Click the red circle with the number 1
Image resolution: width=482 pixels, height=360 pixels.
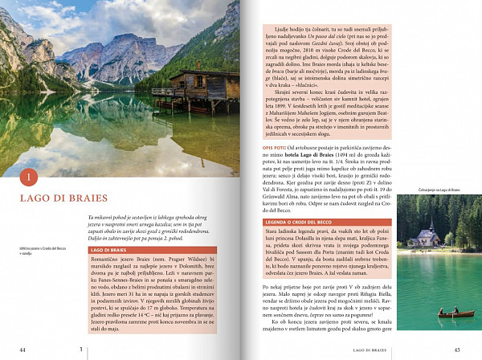(28, 176)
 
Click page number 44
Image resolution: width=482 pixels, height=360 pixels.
(22, 349)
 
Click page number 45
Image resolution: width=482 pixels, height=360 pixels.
(457, 349)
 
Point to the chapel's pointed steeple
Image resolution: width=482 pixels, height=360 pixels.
(431, 219)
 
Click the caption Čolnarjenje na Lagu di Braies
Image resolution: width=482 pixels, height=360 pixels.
(439, 190)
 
